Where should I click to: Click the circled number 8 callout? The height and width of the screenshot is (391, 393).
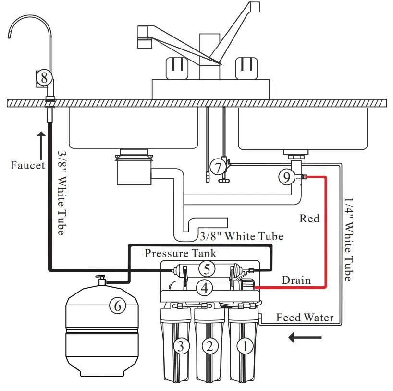(44, 78)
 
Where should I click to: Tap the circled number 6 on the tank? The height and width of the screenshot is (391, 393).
(118, 306)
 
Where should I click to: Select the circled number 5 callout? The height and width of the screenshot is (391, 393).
(207, 269)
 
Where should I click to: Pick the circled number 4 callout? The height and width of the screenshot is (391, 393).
(205, 288)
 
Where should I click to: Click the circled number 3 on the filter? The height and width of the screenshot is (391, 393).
(182, 346)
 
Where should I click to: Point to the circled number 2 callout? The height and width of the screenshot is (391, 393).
(210, 346)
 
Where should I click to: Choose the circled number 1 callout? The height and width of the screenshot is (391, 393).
(245, 346)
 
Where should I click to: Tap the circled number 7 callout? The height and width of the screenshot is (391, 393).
(218, 168)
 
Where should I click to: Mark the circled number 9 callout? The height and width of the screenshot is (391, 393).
(287, 177)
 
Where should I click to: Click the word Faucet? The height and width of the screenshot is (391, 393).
(27, 165)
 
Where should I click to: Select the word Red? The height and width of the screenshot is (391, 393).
(309, 219)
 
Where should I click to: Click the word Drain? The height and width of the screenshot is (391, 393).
(296, 280)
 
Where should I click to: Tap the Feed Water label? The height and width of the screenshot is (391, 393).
(305, 318)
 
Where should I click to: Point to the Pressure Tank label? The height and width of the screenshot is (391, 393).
(181, 253)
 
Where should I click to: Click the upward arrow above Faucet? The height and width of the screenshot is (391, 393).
(41, 146)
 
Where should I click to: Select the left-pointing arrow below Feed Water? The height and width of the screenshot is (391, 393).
(305, 337)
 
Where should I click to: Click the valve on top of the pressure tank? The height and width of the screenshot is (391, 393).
(101, 280)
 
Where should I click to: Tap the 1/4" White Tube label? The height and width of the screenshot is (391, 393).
(348, 240)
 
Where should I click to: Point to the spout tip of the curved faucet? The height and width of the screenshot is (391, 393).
(9, 37)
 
